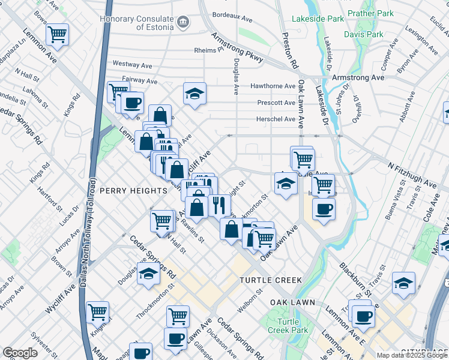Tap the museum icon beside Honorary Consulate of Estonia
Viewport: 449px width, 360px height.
click(184, 23)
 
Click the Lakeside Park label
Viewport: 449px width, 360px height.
click(318, 19)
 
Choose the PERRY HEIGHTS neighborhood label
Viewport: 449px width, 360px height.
click(133, 190)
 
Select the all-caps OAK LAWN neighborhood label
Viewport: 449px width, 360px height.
click(292, 302)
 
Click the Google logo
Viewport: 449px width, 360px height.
click(20, 353)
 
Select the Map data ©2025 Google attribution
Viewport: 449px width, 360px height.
click(411, 355)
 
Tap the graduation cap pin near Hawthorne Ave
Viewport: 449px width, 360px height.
click(194, 94)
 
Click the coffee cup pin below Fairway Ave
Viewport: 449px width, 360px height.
click(132, 102)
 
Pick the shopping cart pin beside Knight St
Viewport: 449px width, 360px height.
click(97, 312)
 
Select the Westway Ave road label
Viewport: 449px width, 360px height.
click(131, 64)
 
